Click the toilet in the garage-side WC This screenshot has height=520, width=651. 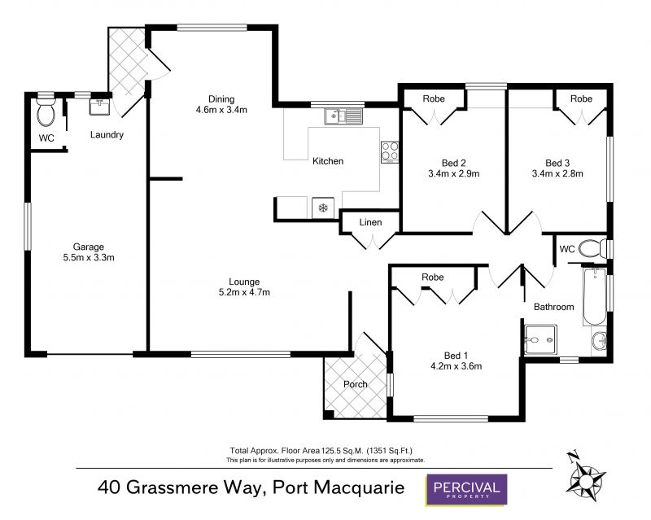pyautogui.click(x=46, y=111)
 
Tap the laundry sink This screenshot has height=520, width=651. pyautogui.click(x=100, y=107)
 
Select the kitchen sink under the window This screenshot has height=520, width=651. pyautogui.click(x=343, y=116)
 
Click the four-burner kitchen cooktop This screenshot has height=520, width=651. pyautogui.click(x=390, y=152)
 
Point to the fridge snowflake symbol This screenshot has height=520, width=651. pyautogui.click(x=323, y=208)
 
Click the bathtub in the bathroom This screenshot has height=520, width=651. pyautogui.click(x=595, y=296)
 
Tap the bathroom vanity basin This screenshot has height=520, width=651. pyautogui.click(x=599, y=343)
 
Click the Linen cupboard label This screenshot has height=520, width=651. pyautogui.click(x=370, y=223)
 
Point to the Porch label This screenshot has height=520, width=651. pyautogui.click(x=356, y=385)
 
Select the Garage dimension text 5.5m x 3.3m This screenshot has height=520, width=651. pyautogui.click(x=89, y=257)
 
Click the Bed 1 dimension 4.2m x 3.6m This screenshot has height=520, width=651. pyautogui.click(x=457, y=366)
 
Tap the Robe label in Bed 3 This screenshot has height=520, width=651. pyautogui.click(x=581, y=98)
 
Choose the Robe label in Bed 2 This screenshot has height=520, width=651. pyautogui.click(x=434, y=98)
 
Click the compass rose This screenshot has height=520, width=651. pyautogui.click(x=586, y=475)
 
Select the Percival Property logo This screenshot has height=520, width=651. pyautogui.click(x=466, y=489)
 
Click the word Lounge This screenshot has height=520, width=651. pyautogui.click(x=244, y=282)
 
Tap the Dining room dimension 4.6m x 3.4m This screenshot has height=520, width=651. pyautogui.click(x=221, y=110)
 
